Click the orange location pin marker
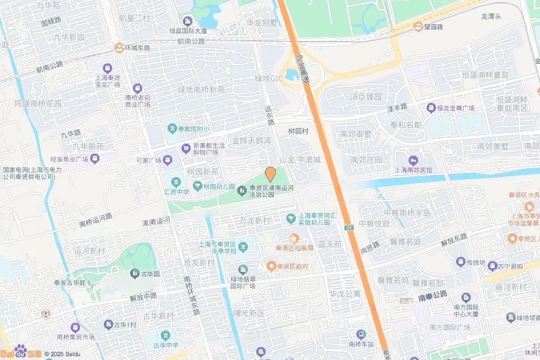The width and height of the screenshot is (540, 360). click(x=270, y=174)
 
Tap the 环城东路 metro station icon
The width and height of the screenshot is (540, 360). click(x=119, y=47)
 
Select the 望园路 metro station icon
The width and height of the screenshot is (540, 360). click(x=418, y=26)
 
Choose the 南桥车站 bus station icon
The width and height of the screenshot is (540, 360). click(x=361, y=334)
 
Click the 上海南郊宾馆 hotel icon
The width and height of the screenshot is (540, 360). click(x=413, y=160)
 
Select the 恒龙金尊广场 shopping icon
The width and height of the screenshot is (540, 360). click(x=431, y=108)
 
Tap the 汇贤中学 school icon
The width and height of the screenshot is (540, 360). click(x=176, y=182)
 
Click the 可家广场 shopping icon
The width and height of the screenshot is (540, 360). click(x=167, y=160)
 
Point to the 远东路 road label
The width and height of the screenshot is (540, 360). click(x=271, y=114)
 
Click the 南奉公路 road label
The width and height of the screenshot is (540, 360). click(x=432, y=294)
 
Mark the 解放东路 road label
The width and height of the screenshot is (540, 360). click(x=455, y=240)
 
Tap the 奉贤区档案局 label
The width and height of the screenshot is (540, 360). click(x=294, y=248)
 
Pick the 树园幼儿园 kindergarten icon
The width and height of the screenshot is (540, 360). click(x=197, y=186)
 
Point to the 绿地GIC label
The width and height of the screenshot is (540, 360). click(x=269, y=79)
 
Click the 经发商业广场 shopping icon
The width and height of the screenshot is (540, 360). click(x=94, y=158)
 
